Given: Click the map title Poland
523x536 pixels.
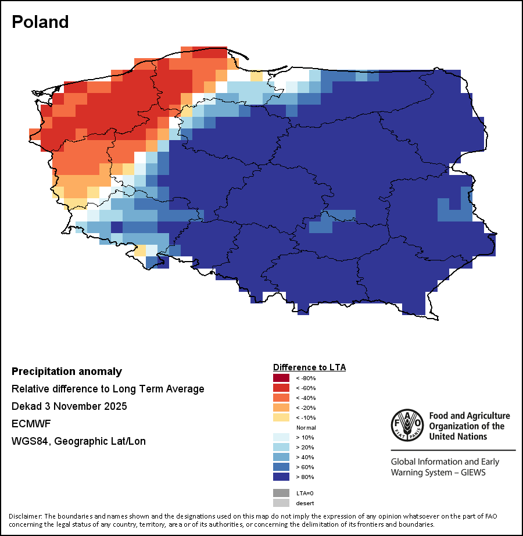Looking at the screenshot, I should coord(40,22).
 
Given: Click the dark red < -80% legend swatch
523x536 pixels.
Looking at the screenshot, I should coord(281,378).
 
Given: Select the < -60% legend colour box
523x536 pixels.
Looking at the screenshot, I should coord(281,388).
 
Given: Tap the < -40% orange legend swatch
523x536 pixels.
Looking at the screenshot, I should coord(281,398).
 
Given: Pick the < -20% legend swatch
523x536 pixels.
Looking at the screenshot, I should coord(281,408).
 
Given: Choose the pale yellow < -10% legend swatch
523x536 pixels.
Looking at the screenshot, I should coord(281,417).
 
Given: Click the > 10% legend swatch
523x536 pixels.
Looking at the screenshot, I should coord(281,437).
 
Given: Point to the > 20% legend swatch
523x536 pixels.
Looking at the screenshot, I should coord(281,447).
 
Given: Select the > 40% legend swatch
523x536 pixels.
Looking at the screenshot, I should coord(281,457).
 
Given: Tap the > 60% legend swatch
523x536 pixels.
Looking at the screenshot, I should coord(281,467).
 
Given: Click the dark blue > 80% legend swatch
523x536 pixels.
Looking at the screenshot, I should coord(281,477).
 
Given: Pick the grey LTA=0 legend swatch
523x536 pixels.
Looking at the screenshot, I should coord(281,493).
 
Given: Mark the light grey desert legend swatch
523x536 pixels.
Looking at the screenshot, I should coord(281,503).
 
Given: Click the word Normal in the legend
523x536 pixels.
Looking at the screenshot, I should coord(306,427).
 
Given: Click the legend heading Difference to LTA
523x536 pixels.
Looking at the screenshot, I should coord(309,367).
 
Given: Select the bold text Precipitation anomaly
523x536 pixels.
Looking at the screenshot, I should coord(67,371).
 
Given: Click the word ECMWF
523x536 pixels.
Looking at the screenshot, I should coord(28,424).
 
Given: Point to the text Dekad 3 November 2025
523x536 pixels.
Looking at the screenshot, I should coord(69,406).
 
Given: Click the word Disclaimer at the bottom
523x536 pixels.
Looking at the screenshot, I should coord(25,516).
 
